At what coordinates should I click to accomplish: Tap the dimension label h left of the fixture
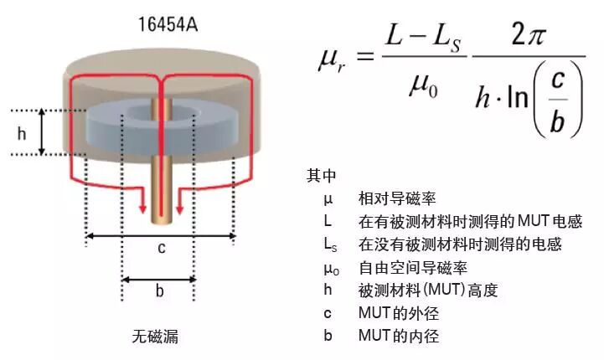click(x=23, y=132)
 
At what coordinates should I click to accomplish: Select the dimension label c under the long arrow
click(x=161, y=248)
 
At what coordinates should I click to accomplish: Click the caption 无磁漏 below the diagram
click(x=155, y=337)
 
